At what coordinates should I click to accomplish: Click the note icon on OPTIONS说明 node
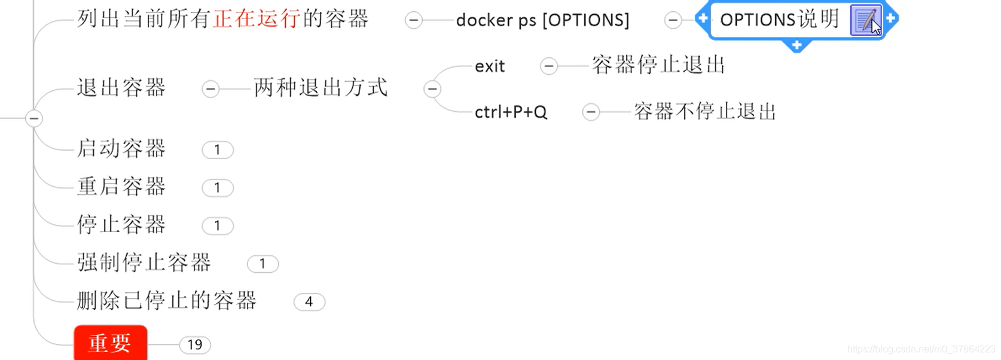click(x=865, y=20)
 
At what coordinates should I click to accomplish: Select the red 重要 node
click(x=111, y=343)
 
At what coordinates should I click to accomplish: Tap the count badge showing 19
click(x=195, y=345)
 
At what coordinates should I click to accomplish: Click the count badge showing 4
click(x=309, y=302)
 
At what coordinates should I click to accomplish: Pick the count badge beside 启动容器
click(x=217, y=150)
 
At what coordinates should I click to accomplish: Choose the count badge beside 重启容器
click(x=217, y=188)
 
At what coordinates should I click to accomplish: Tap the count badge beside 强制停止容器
click(x=263, y=264)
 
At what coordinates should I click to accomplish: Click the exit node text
click(x=490, y=66)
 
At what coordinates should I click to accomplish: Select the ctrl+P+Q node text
click(x=511, y=112)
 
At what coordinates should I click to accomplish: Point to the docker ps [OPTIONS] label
click(x=542, y=20)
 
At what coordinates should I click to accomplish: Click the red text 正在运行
click(x=257, y=19)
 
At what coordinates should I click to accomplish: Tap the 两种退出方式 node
click(x=321, y=88)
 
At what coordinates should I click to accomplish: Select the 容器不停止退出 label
click(x=704, y=112)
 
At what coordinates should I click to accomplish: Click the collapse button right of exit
click(x=548, y=66)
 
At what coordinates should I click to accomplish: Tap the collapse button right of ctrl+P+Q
click(x=591, y=112)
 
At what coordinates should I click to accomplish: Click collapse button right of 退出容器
click(x=210, y=89)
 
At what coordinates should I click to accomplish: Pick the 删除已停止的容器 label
click(x=167, y=301)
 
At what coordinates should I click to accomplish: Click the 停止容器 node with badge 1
click(x=121, y=225)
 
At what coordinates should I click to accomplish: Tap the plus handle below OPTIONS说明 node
click(x=796, y=45)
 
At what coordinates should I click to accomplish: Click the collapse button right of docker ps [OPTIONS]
click(x=673, y=20)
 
